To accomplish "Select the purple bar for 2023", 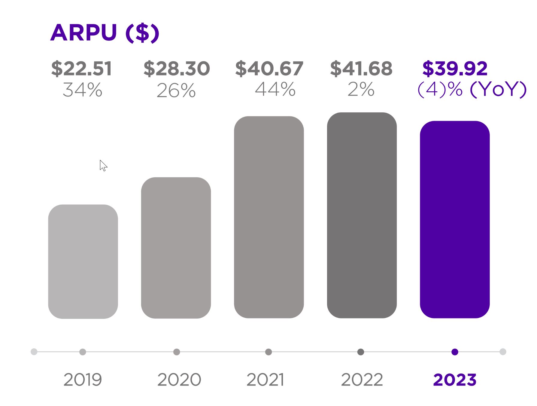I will pos(454,219).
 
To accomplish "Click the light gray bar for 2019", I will pos(83,261).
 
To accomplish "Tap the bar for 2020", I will pos(176,248).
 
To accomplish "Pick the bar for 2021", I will pos(269,217).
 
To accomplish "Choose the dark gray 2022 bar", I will pos(362,215).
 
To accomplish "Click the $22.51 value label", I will pos(82,69).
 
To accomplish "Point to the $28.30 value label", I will pos(177,69).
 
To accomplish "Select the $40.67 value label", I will pos(269,69).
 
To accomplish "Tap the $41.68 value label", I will pos(361,69).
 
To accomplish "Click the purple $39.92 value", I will pos(455,69).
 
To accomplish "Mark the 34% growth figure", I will pos(82,90).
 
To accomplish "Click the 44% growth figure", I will pos(275,89).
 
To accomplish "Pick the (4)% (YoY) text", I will pos(472,89).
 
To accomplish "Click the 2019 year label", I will pos(83,380).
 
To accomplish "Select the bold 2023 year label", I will pos(455,380).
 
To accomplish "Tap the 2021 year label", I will pos(265,380).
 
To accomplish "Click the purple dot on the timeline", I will pos(455,352).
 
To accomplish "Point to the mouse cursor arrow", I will pos(103,165).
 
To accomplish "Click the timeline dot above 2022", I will pos(361,352).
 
